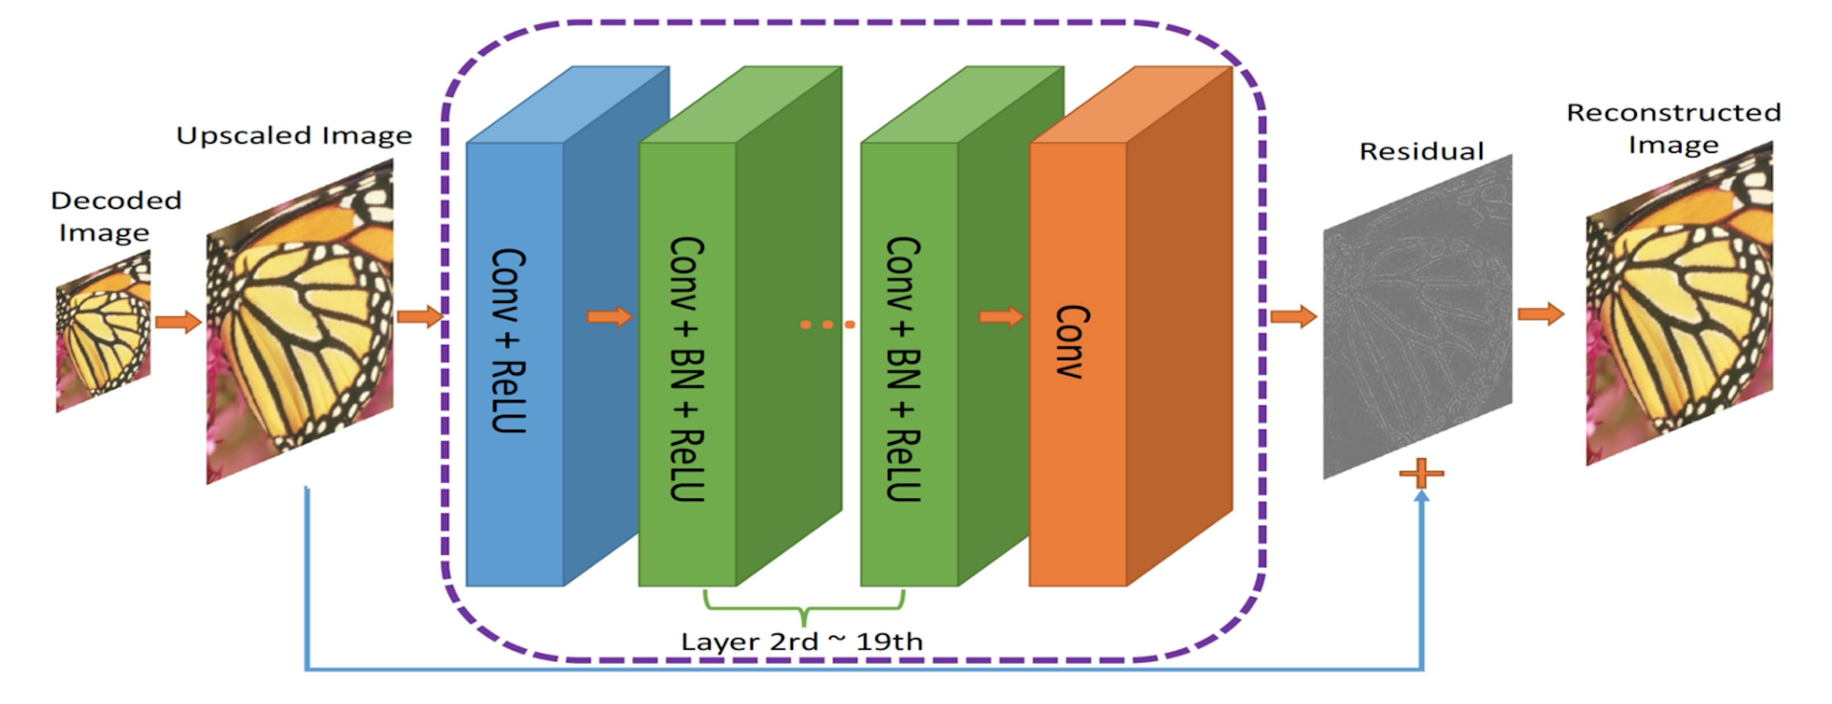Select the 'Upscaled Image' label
tap(294, 135)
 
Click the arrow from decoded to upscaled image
tap(178, 322)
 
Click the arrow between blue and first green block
tap(609, 316)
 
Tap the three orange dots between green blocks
tap(827, 325)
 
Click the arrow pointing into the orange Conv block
tap(1001, 316)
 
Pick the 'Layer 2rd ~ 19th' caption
tap(801, 642)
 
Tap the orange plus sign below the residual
tap(1421, 473)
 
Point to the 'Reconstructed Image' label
tap(1674, 128)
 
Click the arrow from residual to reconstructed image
tap(1541, 313)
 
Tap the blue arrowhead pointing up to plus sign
tap(1421, 497)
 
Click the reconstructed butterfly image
tap(1679, 304)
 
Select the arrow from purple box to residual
tap(1293, 316)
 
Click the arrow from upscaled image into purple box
tap(420, 316)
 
